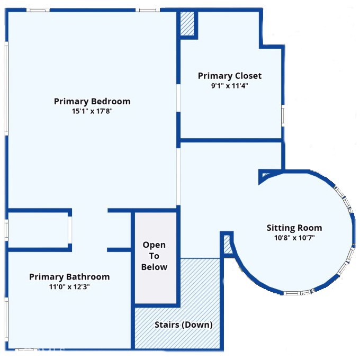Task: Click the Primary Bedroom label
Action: [92, 101]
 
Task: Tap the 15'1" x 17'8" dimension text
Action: [92, 111]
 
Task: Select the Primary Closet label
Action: [230, 76]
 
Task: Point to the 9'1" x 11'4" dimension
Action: [230, 86]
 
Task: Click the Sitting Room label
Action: [294, 228]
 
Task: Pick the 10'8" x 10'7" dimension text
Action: [294, 238]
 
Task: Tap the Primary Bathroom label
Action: [69, 277]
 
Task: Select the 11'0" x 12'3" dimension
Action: [69, 287]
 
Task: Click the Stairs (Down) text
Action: [184, 325]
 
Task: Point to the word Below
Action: [154, 267]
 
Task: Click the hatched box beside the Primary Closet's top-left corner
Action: [187, 24]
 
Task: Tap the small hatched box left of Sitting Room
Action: [228, 244]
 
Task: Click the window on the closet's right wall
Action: [283, 116]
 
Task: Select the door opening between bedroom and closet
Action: [178, 98]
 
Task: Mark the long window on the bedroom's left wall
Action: [6, 88]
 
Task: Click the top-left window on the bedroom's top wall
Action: [38, 10]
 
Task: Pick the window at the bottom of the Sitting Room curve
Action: [299, 293]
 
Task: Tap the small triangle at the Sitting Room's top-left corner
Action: [264, 174]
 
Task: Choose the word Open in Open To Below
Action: [154, 245]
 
